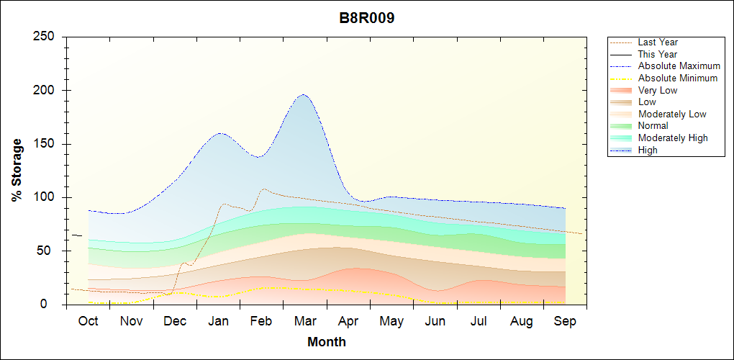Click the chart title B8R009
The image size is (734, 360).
click(x=367, y=19)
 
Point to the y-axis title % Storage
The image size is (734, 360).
click(x=17, y=171)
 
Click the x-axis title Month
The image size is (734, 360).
click(x=327, y=342)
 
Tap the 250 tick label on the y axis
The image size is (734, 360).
click(x=45, y=37)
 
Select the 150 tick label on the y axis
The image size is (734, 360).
click(x=45, y=144)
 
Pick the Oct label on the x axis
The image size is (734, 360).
click(x=89, y=321)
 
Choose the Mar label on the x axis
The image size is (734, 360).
click(x=305, y=321)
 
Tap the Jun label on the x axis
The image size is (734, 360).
click(x=435, y=321)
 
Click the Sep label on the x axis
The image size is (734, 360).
click(x=566, y=321)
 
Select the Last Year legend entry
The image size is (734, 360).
click(x=658, y=42)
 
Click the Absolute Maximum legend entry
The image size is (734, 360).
click(x=679, y=66)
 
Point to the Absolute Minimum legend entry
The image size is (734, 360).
click(x=677, y=78)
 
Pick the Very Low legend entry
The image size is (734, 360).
click(x=658, y=91)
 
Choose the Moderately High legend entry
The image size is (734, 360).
click(x=673, y=138)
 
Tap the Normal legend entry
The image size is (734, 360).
click(x=653, y=126)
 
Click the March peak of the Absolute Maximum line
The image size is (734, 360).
click(x=303, y=94)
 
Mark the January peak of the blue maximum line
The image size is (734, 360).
click(x=219, y=133)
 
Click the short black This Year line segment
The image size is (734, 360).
click(x=76, y=235)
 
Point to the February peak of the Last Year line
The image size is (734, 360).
click(x=264, y=189)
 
